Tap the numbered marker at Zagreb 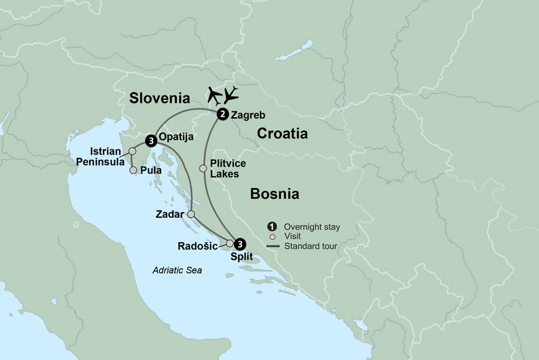222,114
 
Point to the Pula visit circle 133,170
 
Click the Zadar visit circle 191,214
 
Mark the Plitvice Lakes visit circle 203,168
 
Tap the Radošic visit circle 230,244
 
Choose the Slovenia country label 160,98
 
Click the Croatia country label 282,133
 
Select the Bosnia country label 274,193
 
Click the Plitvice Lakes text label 225,169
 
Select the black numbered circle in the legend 273,227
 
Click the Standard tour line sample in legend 273,246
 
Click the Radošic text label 197,246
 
